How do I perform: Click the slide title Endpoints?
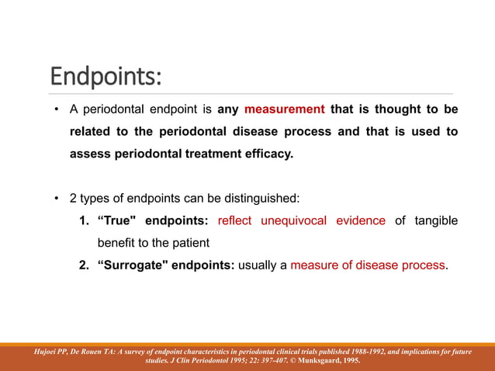click(106, 76)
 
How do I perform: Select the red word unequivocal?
click(293, 221)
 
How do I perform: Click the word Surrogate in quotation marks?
click(133, 265)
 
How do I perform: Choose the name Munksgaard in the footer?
click(317, 361)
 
